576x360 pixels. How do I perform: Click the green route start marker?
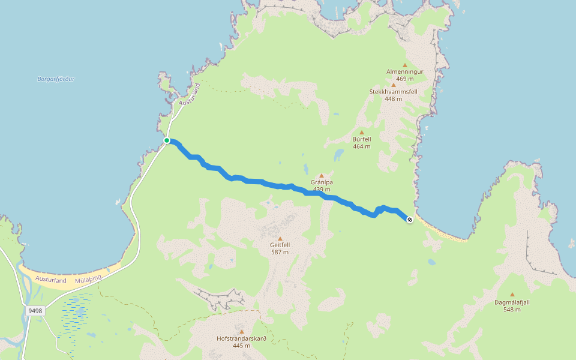click(x=167, y=140)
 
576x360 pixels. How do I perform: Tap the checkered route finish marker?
click(x=410, y=220)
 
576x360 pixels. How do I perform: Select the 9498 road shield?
click(x=35, y=311)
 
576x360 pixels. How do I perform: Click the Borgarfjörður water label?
click(x=55, y=79)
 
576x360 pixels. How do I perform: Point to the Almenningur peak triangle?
click(x=405, y=65)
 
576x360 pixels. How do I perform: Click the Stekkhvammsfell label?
click(x=393, y=91)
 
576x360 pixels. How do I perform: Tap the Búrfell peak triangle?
click(x=362, y=133)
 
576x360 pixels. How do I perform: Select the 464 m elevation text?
click(x=361, y=146)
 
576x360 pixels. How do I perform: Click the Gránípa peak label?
click(x=322, y=182)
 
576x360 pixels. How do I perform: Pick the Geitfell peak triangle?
click(x=280, y=239)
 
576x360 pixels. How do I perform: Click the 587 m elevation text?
click(x=280, y=252)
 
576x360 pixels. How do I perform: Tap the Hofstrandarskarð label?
click(x=241, y=338)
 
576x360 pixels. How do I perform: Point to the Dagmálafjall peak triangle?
click(x=512, y=295)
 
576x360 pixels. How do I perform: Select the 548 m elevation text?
click(x=512, y=310)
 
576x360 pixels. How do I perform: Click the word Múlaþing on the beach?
click(x=88, y=279)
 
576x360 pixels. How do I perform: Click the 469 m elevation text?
click(x=405, y=79)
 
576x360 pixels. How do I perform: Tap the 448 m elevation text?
click(x=393, y=98)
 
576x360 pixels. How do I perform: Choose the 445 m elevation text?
click(x=241, y=346)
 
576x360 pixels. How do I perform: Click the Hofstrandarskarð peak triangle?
click(x=242, y=332)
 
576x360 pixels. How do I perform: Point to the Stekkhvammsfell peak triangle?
click(x=394, y=85)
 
